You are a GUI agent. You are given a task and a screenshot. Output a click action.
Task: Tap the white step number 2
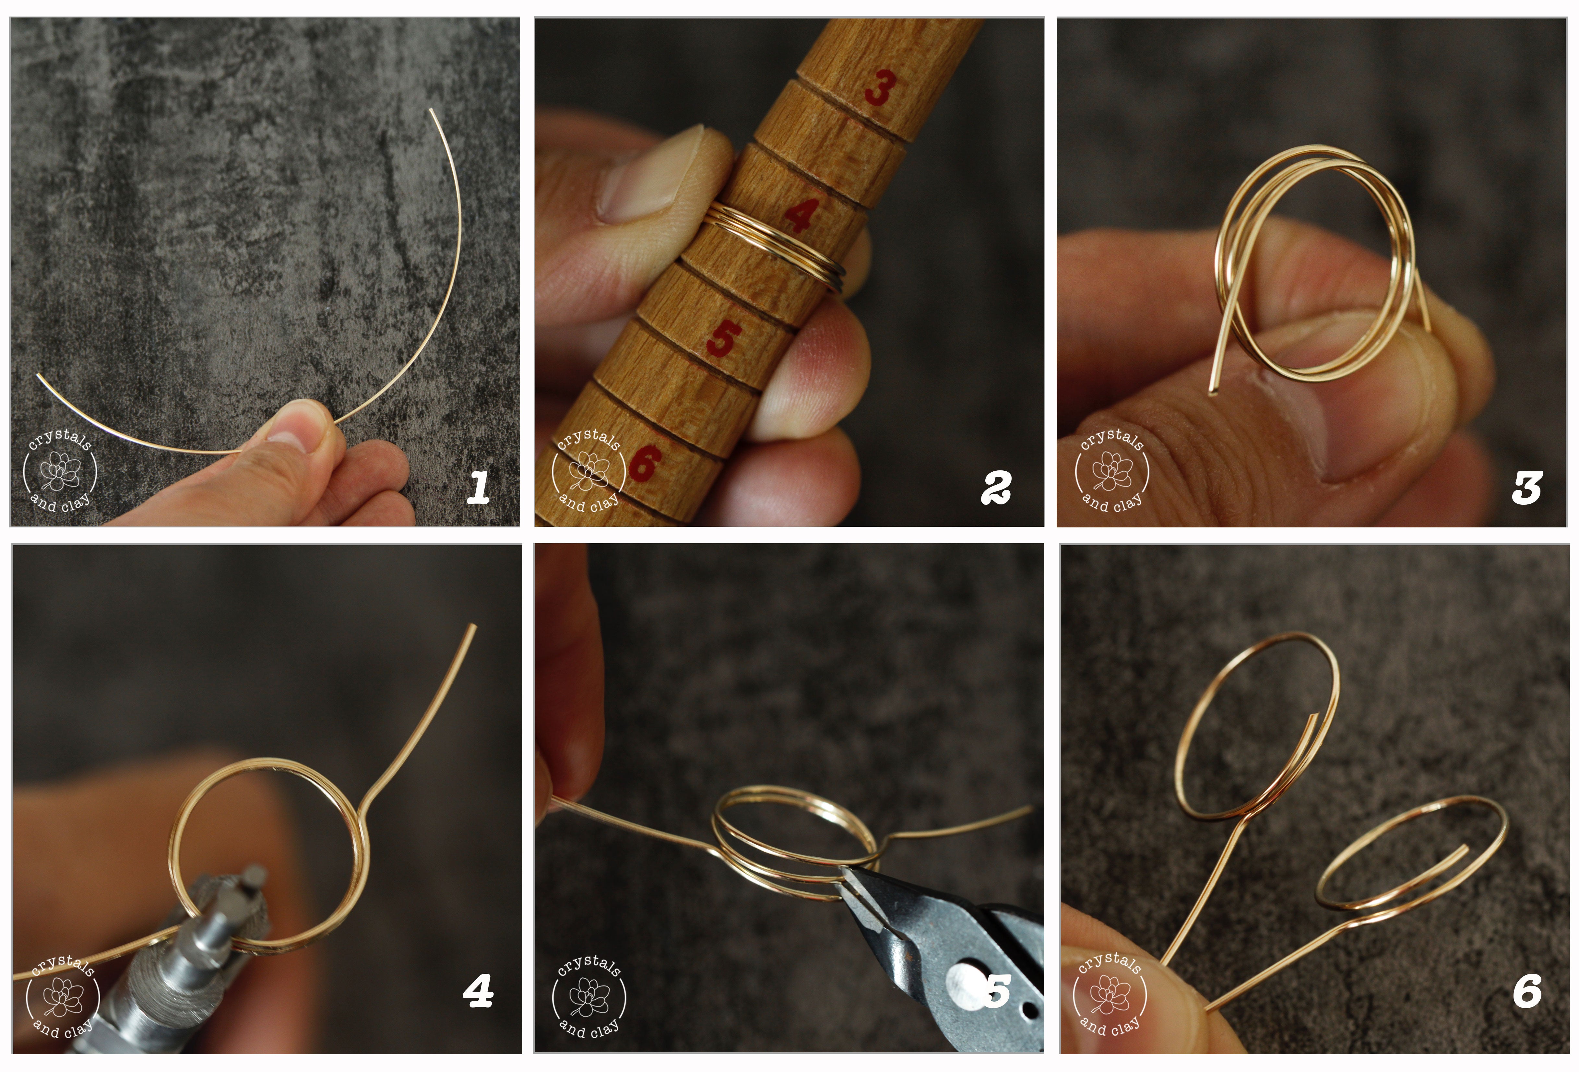coord(996,488)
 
